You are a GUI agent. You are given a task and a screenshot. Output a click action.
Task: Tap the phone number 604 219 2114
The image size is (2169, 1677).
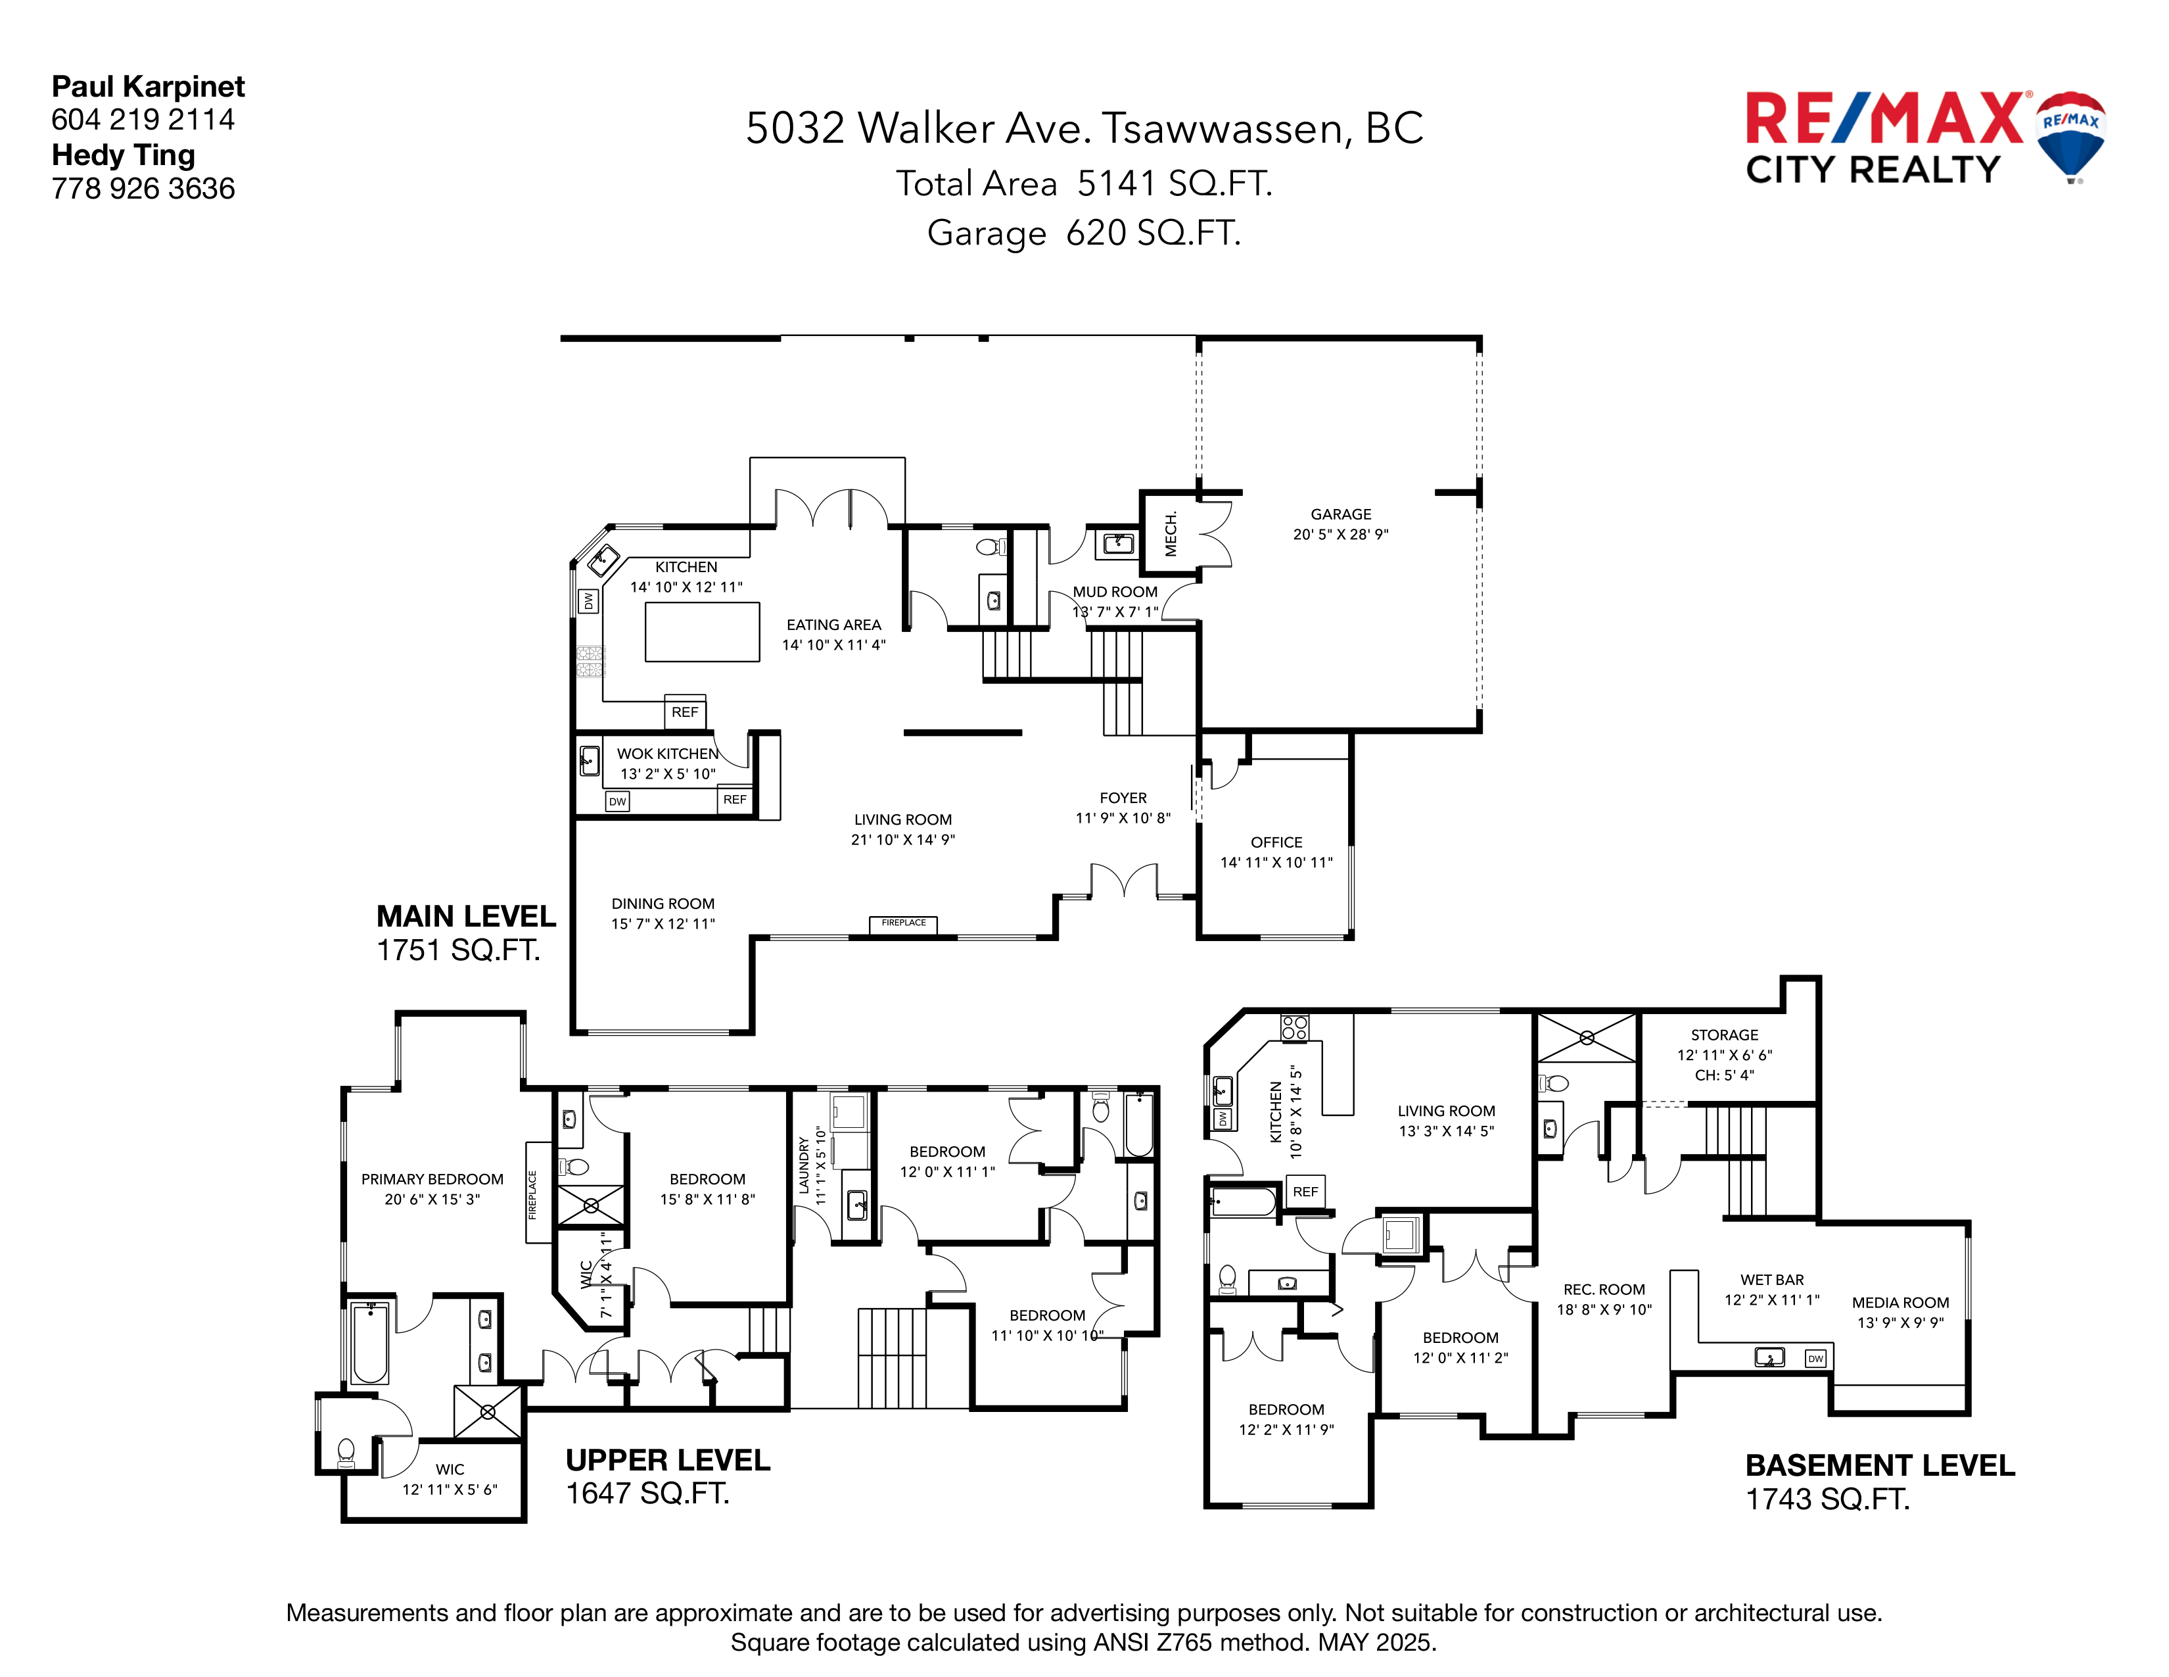pyautogui.click(x=143, y=120)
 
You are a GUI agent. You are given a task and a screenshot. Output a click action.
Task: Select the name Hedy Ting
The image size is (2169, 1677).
pyautogui.click(x=123, y=155)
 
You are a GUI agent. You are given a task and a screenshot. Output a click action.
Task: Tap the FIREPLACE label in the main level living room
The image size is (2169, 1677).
pyautogui.click(x=902, y=923)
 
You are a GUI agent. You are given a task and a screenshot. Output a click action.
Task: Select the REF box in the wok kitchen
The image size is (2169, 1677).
pyautogui.click(x=734, y=800)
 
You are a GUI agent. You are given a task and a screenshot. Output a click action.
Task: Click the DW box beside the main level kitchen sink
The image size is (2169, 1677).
pyautogui.click(x=588, y=601)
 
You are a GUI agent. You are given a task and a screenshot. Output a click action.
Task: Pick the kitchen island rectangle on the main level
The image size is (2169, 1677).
pyautogui.click(x=702, y=632)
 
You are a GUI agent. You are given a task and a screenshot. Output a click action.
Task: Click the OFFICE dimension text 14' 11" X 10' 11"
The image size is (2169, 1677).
pyautogui.click(x=1276, y=862)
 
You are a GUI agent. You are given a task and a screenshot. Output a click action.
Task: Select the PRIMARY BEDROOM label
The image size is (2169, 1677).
pyautogui.click(x=432, y=1179)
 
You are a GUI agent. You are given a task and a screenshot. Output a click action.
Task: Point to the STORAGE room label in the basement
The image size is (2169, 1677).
pyautogui.click(x=1724, y=1035)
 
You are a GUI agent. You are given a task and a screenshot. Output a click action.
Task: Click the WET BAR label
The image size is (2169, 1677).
pyautogui.click(x=1772, y=1280)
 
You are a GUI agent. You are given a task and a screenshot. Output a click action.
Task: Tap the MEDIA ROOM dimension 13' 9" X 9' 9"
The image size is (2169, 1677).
pyautogui.click(x=1900, y=1323)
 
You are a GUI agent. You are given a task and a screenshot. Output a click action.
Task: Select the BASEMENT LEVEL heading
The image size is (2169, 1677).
pyautogui.click(x=1879, y=1465)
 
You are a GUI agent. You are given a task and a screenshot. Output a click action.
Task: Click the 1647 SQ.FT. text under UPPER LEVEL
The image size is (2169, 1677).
pyautogui.click(x=647, y=1494)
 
